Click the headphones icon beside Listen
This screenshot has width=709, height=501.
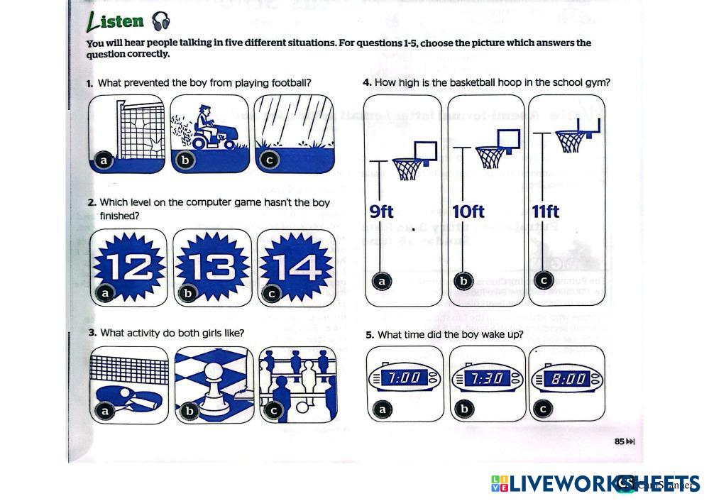(161, 22)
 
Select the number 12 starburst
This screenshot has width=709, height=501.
(129, 268)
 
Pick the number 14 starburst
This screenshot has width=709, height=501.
(296, 268)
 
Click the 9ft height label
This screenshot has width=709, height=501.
(382, 211)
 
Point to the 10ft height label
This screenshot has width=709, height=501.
(468, 211)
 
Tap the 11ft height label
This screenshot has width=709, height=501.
(546, 211)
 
